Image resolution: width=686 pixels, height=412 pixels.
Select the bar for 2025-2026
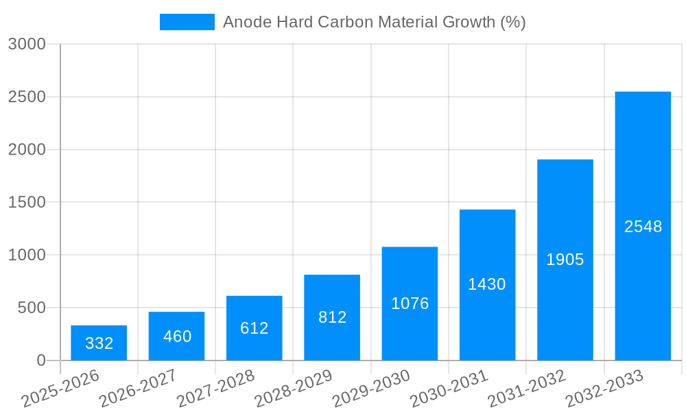[x=99, y=343]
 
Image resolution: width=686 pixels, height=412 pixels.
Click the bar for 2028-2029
[x=332, y=317]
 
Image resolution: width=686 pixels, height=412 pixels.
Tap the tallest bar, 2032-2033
[x=643, y=226]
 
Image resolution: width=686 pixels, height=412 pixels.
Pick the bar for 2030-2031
[x=487, y=284]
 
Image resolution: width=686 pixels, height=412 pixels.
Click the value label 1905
[x=565, y=260]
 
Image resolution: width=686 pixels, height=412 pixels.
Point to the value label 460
[x=177, y=336]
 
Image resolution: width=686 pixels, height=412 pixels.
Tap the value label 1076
[x=410, y=304]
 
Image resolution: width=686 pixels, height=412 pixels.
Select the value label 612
[x=255, y=328]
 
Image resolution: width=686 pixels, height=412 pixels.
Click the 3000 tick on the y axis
[x=27, y=45]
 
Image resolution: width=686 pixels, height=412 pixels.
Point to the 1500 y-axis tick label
[x=27, y=203]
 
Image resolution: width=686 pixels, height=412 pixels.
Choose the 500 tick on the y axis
[x=32, y=308]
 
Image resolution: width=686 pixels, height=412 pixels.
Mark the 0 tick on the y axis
[x=40, y=360]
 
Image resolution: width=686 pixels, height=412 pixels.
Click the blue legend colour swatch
[x=187, y=22]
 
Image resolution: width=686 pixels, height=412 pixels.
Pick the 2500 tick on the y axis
[x=27, y=97]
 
